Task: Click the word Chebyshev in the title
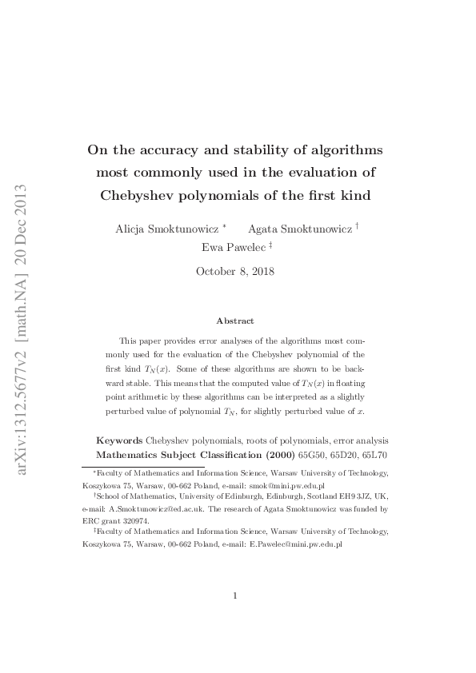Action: click(140, 194)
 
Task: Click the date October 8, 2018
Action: click(235, 271)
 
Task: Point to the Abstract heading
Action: click(235, 321)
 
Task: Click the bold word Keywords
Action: click(119, 440)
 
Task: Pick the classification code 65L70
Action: click(374, 454)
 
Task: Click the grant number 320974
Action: click(136, 520)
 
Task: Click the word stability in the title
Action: click(274, 149)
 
